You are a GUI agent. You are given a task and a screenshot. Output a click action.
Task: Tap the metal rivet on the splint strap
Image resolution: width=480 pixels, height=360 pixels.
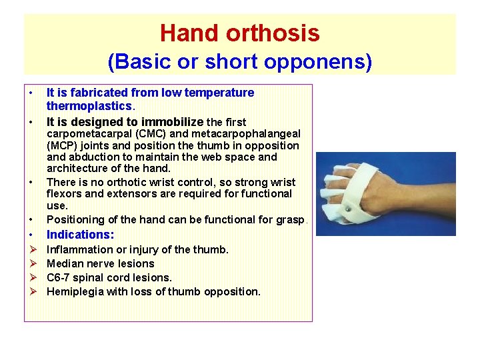coord(348,208)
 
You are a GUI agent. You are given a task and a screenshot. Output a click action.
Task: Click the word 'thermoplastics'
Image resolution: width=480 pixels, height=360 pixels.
coord(89,106)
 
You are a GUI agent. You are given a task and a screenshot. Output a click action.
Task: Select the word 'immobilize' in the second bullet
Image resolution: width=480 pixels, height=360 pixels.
coord(170,121)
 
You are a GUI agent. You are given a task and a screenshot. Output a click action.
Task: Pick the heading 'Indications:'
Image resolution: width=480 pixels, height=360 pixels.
coord(80,235)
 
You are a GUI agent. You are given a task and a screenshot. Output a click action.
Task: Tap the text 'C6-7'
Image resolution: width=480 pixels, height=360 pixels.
coord(59,277)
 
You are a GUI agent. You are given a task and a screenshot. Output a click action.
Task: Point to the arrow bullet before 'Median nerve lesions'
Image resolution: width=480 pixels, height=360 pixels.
coord(31,263)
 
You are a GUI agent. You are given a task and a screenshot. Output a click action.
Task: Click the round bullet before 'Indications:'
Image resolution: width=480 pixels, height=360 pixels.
coord(31,235)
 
